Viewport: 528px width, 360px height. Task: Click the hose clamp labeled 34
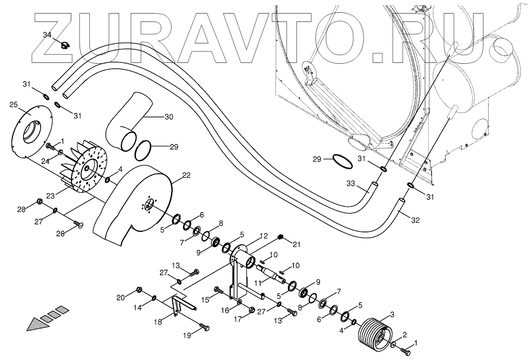tap(63, 44)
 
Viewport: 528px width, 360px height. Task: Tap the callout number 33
tap(351, 184)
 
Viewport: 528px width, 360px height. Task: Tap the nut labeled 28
tap(40, 200)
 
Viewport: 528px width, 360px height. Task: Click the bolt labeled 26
tap(78, 226)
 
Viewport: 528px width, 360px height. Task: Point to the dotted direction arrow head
tap(38, 324)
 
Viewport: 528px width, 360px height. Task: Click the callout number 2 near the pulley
tap(404, 335)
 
